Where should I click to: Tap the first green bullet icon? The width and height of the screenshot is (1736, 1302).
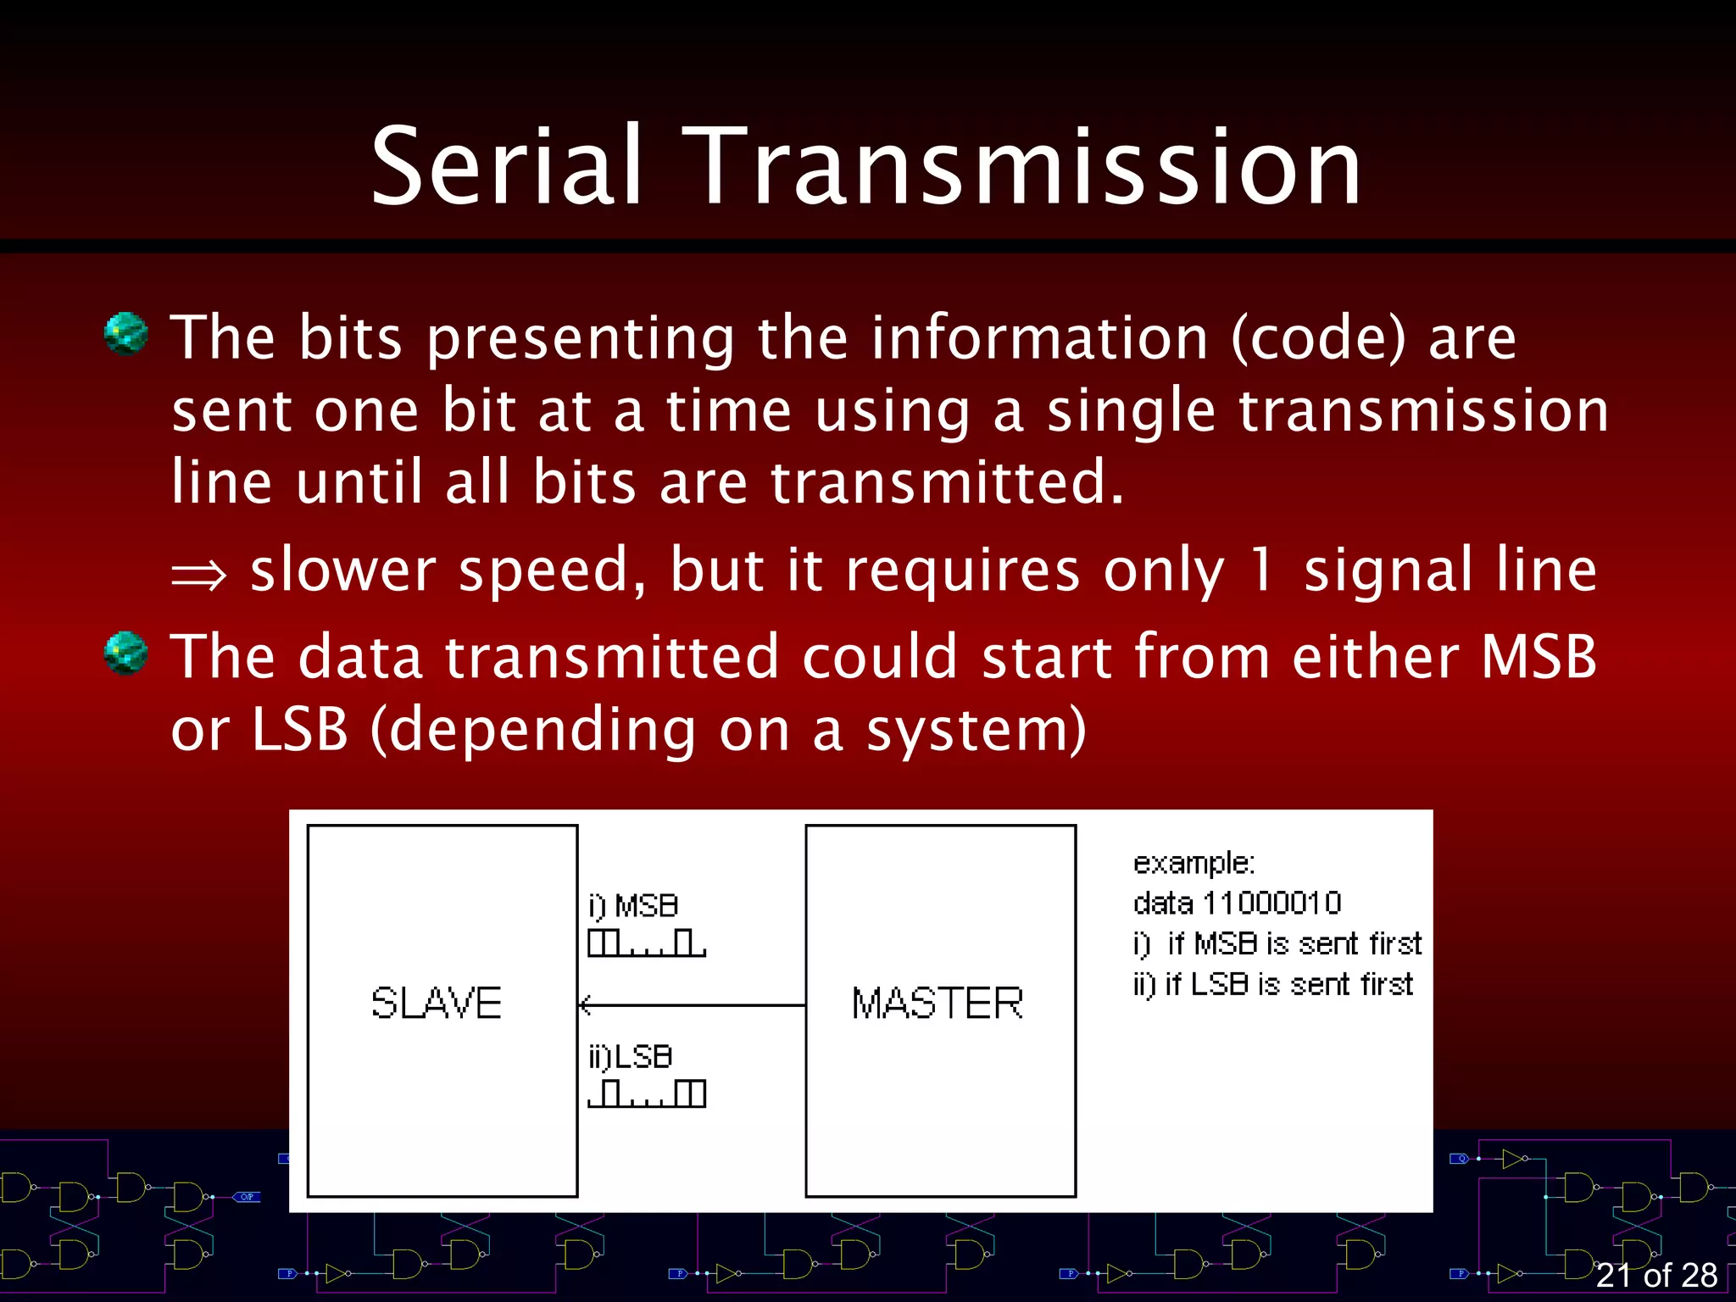[x=126, y=333]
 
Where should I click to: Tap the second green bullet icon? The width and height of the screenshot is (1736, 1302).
[x=126, y=654]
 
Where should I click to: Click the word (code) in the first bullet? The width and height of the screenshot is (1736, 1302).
[x=1318, y=339]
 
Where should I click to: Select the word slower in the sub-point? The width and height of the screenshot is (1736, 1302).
[x=342, y=570]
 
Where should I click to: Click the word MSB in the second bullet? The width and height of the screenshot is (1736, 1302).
[x=1538, y=657]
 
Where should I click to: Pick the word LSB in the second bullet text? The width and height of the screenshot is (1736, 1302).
[x=300, y=729]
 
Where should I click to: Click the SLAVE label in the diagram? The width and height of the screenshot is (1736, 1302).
[x=437, y=1004]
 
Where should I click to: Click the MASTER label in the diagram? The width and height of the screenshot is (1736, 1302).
[x=938, y=1004]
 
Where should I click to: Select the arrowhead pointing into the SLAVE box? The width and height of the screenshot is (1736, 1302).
[x=585, y=1005]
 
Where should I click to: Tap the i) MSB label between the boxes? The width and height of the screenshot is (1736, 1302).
[x=633, y=906]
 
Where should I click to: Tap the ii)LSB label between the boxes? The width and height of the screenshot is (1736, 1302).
[x=631, y=1057]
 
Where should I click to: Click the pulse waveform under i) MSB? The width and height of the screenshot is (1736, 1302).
[x=647, y=943]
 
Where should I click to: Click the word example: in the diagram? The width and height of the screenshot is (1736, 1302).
[x=1193, y=863]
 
